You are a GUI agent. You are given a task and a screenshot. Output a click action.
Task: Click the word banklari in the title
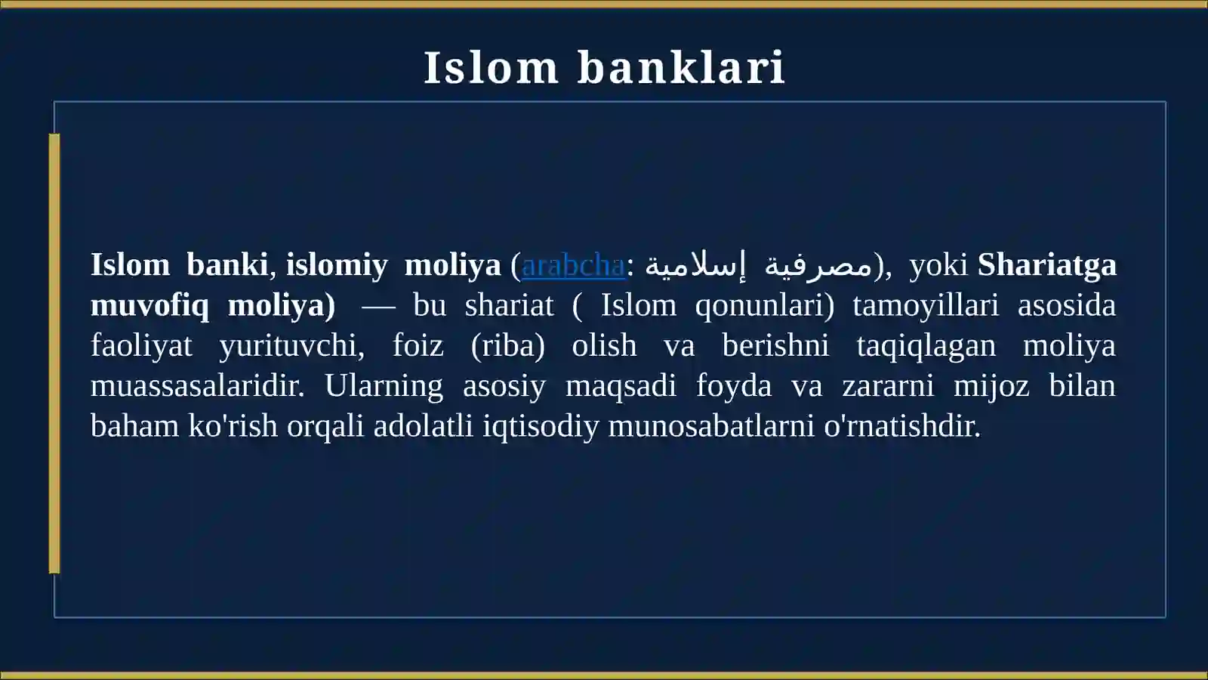pyautogui.click(x=681, y=68)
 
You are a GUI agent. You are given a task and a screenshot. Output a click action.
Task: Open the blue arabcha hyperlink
pyautogui.click(x=573, y=265)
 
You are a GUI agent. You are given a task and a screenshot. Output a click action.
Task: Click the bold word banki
pyautogui.click(x=227, y=265)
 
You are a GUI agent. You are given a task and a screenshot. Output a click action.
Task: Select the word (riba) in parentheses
pyautogui.click(x=508, y=346)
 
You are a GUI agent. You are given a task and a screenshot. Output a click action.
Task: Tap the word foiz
pyautogui.click(x=418, y=345)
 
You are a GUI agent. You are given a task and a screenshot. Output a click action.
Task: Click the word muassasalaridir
pyautogui.click(x=197, y=386)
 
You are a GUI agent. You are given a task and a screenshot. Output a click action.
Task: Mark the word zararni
pyautogui.click(x=888, y=386)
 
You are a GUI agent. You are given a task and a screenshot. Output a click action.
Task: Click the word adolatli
pyautogui.click(x=423, y=426)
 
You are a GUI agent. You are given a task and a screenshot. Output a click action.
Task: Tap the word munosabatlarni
pyautogui.click(x=710, y=426)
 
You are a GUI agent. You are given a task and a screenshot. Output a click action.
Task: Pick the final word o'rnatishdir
pyautogui.click(x=902, y=426)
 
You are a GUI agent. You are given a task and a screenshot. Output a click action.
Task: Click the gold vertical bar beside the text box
pyautogui.click(x=54, y=354)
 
